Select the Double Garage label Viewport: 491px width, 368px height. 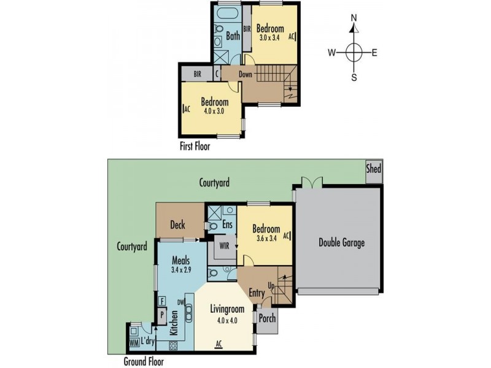341,243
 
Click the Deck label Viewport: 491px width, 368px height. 178,224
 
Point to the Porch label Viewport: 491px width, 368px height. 267,319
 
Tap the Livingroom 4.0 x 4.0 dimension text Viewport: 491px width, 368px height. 228,319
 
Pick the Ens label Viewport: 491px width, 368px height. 226,225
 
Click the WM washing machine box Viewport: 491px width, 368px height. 134,343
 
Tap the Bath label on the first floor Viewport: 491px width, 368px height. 233,36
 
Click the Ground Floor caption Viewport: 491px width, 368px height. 144,361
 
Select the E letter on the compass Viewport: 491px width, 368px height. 374,53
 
